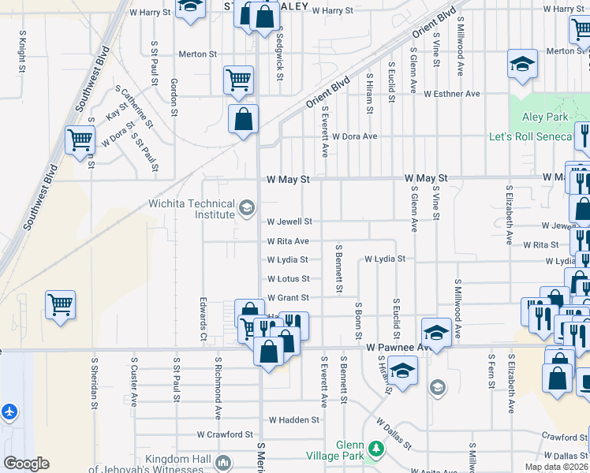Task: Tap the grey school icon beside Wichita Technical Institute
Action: [247, 208]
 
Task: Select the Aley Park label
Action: [545, 117]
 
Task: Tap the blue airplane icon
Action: [9, 412]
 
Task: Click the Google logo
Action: [26, 464]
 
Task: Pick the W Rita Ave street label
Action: [288, 241]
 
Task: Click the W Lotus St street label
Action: [288, 279]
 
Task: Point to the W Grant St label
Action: [288, 298]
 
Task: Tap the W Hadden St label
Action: [293, 420]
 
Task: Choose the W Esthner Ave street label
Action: [451, 94]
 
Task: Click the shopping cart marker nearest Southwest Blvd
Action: [80, 140]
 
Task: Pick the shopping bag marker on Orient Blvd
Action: [244, 120]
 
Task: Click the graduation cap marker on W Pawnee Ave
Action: [435, 331]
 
